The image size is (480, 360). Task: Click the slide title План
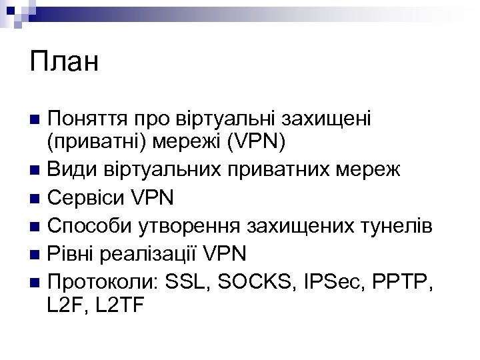click(64, 63)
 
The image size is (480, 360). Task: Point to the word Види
click(71, 169)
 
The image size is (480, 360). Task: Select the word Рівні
click(73, 253)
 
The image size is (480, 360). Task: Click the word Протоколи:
click(103, 281)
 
